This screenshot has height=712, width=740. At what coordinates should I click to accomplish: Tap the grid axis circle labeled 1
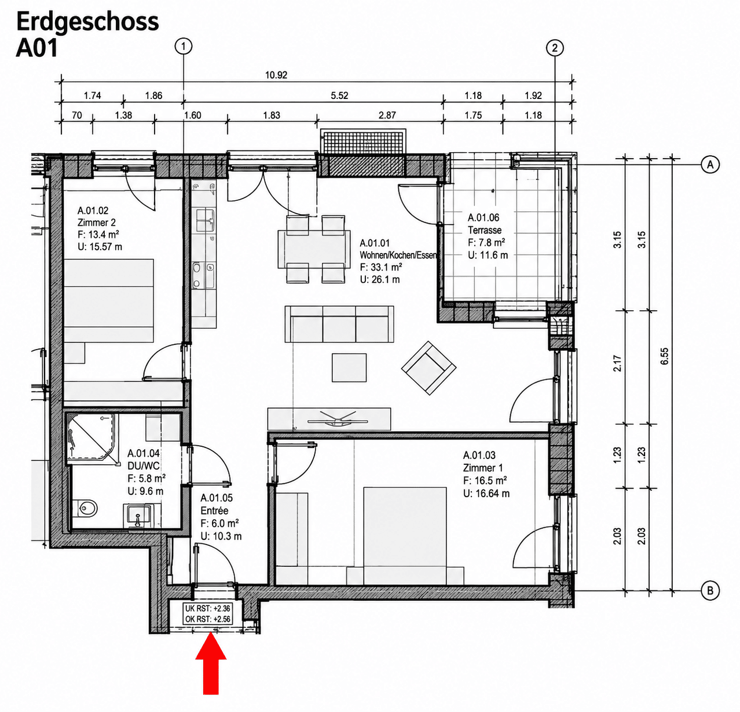coord(184,46)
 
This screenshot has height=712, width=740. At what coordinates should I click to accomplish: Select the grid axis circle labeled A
coord(710,164)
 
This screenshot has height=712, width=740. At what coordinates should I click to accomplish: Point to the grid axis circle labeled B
coord(710,591)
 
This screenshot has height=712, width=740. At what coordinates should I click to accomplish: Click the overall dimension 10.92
coord(276,75)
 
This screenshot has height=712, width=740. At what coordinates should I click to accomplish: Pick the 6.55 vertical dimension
coord(664,356)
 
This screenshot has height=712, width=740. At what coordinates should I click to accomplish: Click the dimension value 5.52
coord(339,96)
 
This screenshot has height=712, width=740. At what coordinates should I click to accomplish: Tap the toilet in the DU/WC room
coord(87,508)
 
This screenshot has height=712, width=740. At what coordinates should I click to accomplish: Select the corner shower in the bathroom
coord(92,439)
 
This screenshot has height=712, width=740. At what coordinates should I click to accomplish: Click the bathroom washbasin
coord(137,516)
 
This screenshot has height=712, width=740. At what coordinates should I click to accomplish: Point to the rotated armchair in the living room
coord(428,368)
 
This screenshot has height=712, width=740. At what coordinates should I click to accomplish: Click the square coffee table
coord(349,368)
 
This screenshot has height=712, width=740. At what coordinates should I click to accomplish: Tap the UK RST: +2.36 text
coord(208,608)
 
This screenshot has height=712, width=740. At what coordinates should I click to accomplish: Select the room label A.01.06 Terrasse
coord(485,224)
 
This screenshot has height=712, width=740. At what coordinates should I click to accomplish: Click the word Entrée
coord(214,511)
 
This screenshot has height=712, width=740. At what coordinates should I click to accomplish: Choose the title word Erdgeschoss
coord(87,23)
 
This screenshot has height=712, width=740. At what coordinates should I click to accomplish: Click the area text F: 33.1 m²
coord(380,267)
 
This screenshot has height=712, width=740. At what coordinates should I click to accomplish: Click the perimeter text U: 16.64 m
coord(486,494)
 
